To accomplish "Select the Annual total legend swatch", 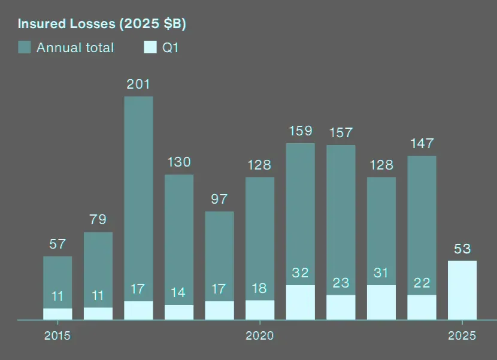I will pos(25,47).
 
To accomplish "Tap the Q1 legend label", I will pos(171,47).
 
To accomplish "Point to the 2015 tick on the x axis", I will pos(57,335).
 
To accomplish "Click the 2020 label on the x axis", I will pos(260,335).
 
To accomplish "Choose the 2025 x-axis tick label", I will pos(462,335).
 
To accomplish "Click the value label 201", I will pos(138,84).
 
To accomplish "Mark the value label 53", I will pos(462,249).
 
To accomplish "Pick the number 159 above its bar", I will pos(301,131).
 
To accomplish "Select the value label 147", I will pos(422,144).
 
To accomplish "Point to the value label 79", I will pos(98,219).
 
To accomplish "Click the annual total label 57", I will pos(57,244).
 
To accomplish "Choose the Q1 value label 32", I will pos(301,273).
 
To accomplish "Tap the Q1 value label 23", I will pos(341,282).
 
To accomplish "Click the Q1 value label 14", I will pos(179,293).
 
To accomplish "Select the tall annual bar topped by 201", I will pos(138,198).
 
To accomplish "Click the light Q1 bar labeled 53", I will pos(462,291).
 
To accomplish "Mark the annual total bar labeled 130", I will pos(179,240).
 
